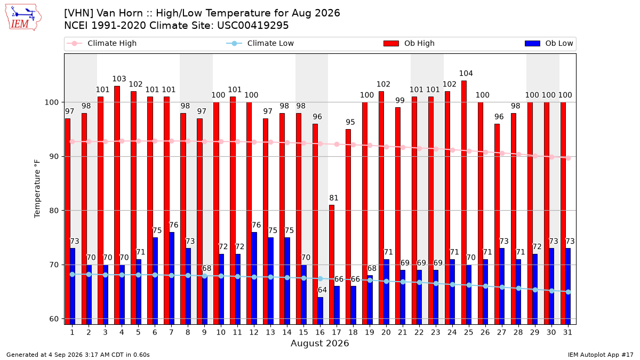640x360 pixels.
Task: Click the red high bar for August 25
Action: [x=464, y=203]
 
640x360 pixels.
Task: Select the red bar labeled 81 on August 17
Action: [x=332, y=265]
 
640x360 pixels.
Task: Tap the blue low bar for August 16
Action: [x=321, y=311]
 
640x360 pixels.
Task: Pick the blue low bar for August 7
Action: [x=171, y=278]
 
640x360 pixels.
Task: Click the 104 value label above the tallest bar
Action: [x=466, y=74]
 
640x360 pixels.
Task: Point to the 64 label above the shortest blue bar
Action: [x=322, y=290]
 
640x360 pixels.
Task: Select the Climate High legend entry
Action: [x=101, y=43]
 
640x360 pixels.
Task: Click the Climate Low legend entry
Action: [x=260, y=43]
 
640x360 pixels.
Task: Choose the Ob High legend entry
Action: [x=409, y=43]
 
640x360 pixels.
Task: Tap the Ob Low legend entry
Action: [x=549, y=43]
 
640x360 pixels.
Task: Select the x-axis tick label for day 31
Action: [x=567, y=333]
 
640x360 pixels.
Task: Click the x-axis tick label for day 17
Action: [x=337, y=333]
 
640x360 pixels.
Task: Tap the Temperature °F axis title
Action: [x=37, y=189]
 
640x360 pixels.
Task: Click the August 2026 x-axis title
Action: [x=319, y=343]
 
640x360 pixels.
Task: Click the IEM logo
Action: [x=23, y=18]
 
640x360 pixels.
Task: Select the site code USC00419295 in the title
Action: [x=253, y=26]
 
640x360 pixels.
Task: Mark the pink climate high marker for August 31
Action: [x=569, y=158]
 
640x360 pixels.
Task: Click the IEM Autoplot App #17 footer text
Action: [x=601, y=355]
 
